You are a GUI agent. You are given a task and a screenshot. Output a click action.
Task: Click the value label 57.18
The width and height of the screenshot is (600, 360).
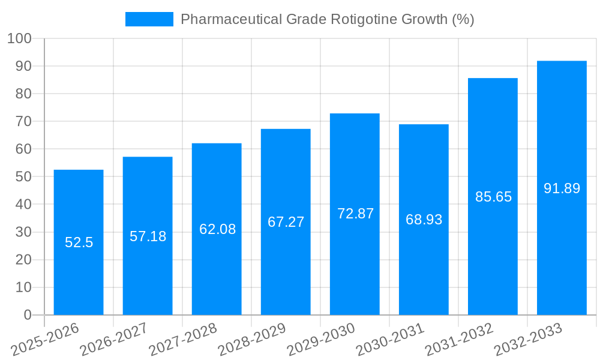pos(148,236)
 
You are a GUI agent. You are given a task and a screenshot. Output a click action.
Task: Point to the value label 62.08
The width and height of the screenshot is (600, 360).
pos(217,229)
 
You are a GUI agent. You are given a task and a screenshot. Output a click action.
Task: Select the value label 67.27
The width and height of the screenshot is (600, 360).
pos(286,222)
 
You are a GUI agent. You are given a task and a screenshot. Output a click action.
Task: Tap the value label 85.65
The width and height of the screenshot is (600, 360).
pos(493,197)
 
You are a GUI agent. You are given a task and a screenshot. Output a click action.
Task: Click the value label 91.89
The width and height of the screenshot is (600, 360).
pos(562,188)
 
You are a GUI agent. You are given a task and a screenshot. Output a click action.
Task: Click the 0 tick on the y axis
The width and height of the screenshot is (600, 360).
pos(27,315)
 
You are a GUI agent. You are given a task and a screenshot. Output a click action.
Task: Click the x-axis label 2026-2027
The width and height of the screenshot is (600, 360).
pos(114,339)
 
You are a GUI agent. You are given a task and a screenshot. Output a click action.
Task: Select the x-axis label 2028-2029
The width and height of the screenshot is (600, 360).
pos(252,339)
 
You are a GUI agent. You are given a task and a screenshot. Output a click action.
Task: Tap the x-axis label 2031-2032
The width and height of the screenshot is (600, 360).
pos(459,339)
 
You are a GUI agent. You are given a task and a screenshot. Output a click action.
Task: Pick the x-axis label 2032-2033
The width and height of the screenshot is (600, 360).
pos(528,339)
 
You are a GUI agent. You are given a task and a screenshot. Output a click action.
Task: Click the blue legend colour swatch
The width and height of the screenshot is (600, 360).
pos(149,19)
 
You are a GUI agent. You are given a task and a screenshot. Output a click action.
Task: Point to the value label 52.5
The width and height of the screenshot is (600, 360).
pos(79,243)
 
